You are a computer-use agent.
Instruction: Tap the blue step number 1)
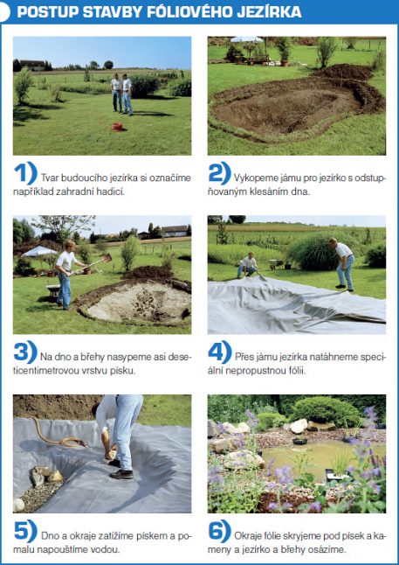pyautogui.click(x=25, y=173)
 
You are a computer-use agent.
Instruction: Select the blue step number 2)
pyautogui.click(x=219, y=173)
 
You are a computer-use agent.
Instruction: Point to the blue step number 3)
pyautogui.click(x=25, y=352)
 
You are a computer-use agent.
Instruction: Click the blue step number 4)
pyautogui.click(x=220, y=352)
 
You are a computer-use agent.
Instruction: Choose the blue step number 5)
pyautogui.click(x=25, y=531)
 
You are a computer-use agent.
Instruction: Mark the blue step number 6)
pyautogui.click(x=220, y=531)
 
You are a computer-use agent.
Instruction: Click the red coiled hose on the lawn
pyautogui.click(x=117, y=127)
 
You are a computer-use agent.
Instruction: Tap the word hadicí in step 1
pyautogui.click(x=113, y=192)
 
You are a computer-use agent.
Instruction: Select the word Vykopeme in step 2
pyautogui.click(x=250, y=178)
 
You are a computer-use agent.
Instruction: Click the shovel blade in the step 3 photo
pyautogui.click(x=107, y=257)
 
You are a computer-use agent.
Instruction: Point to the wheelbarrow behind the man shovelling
pyautogui.click(x=53, y=290)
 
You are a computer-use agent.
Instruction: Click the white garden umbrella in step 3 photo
pyautogui.click(x=39, y=252)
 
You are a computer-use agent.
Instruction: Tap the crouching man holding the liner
pyautogui.click(x=248, y=266)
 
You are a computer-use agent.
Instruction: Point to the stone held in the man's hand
pyautogui.click(x=111, y=455)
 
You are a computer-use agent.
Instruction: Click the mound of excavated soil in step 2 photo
pyautogui.click(x=344, y=72)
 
